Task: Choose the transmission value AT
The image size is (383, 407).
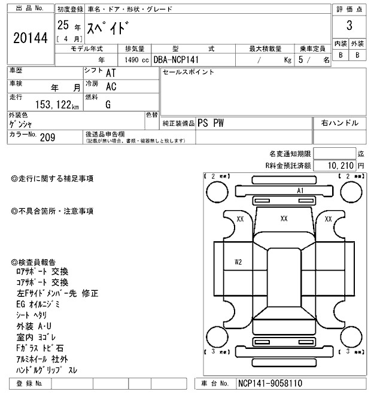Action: tap(111, 72)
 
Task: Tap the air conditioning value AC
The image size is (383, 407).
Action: tap(111, 86)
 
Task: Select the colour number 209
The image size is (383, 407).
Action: tap(47, 137)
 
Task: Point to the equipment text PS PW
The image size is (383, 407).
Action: tap(211, 123)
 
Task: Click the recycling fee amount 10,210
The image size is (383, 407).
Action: tap(341, 164)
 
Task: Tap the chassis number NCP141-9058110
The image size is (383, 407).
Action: tap(270, 382)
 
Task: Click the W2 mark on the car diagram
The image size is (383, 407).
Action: tap(238, 262)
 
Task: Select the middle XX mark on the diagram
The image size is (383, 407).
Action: tap(284, 219)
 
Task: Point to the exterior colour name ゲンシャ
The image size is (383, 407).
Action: tap(22, 124)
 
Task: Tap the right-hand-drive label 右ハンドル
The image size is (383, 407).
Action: tap(339, 123)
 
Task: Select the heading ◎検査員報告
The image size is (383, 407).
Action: tap(34, 262)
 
